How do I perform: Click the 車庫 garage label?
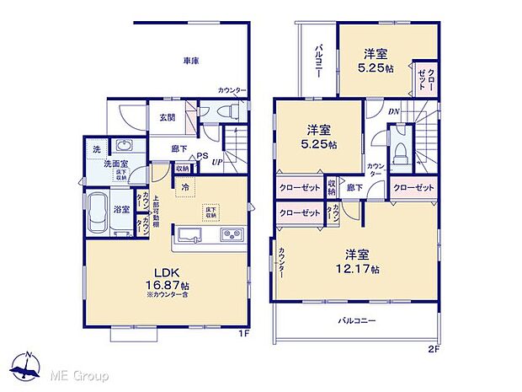(191, 60)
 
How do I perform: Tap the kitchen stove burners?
(232, 234)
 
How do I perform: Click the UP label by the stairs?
(217, 161)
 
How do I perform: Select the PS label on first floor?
(202, 154)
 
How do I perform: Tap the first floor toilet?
(226, 110)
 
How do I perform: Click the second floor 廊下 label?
(355, 186)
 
